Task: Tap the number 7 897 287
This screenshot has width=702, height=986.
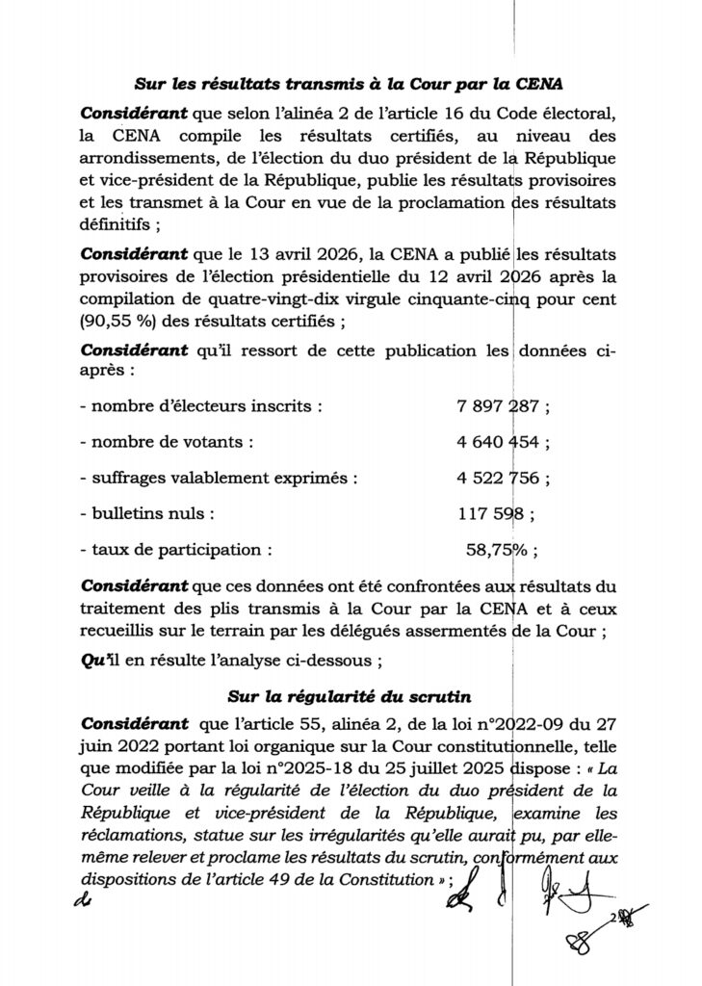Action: [x=499, y=406]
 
